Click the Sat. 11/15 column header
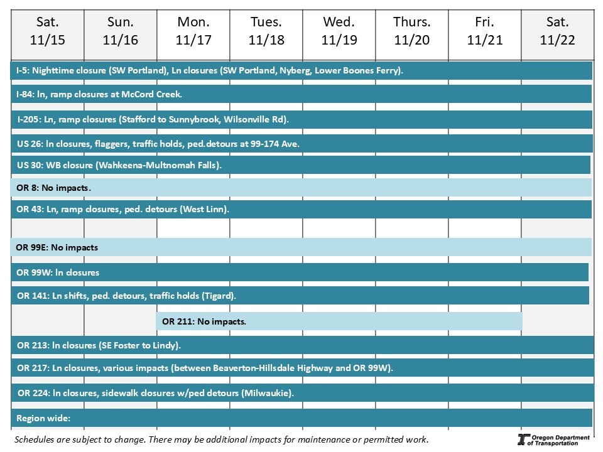click(x=47, y=31)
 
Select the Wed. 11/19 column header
click(x=339, y=31)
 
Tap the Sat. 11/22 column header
click(x=557, y=31)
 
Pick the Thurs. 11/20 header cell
click(x=411, y=31)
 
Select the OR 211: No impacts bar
click(x=339, y=321)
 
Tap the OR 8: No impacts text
click(x=54, y=188)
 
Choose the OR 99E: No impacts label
click(x=57, y=247)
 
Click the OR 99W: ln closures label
click(x=58, y=272)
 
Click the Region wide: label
click(x=43, y=418)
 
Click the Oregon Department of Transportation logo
click(x=553, y=439)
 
